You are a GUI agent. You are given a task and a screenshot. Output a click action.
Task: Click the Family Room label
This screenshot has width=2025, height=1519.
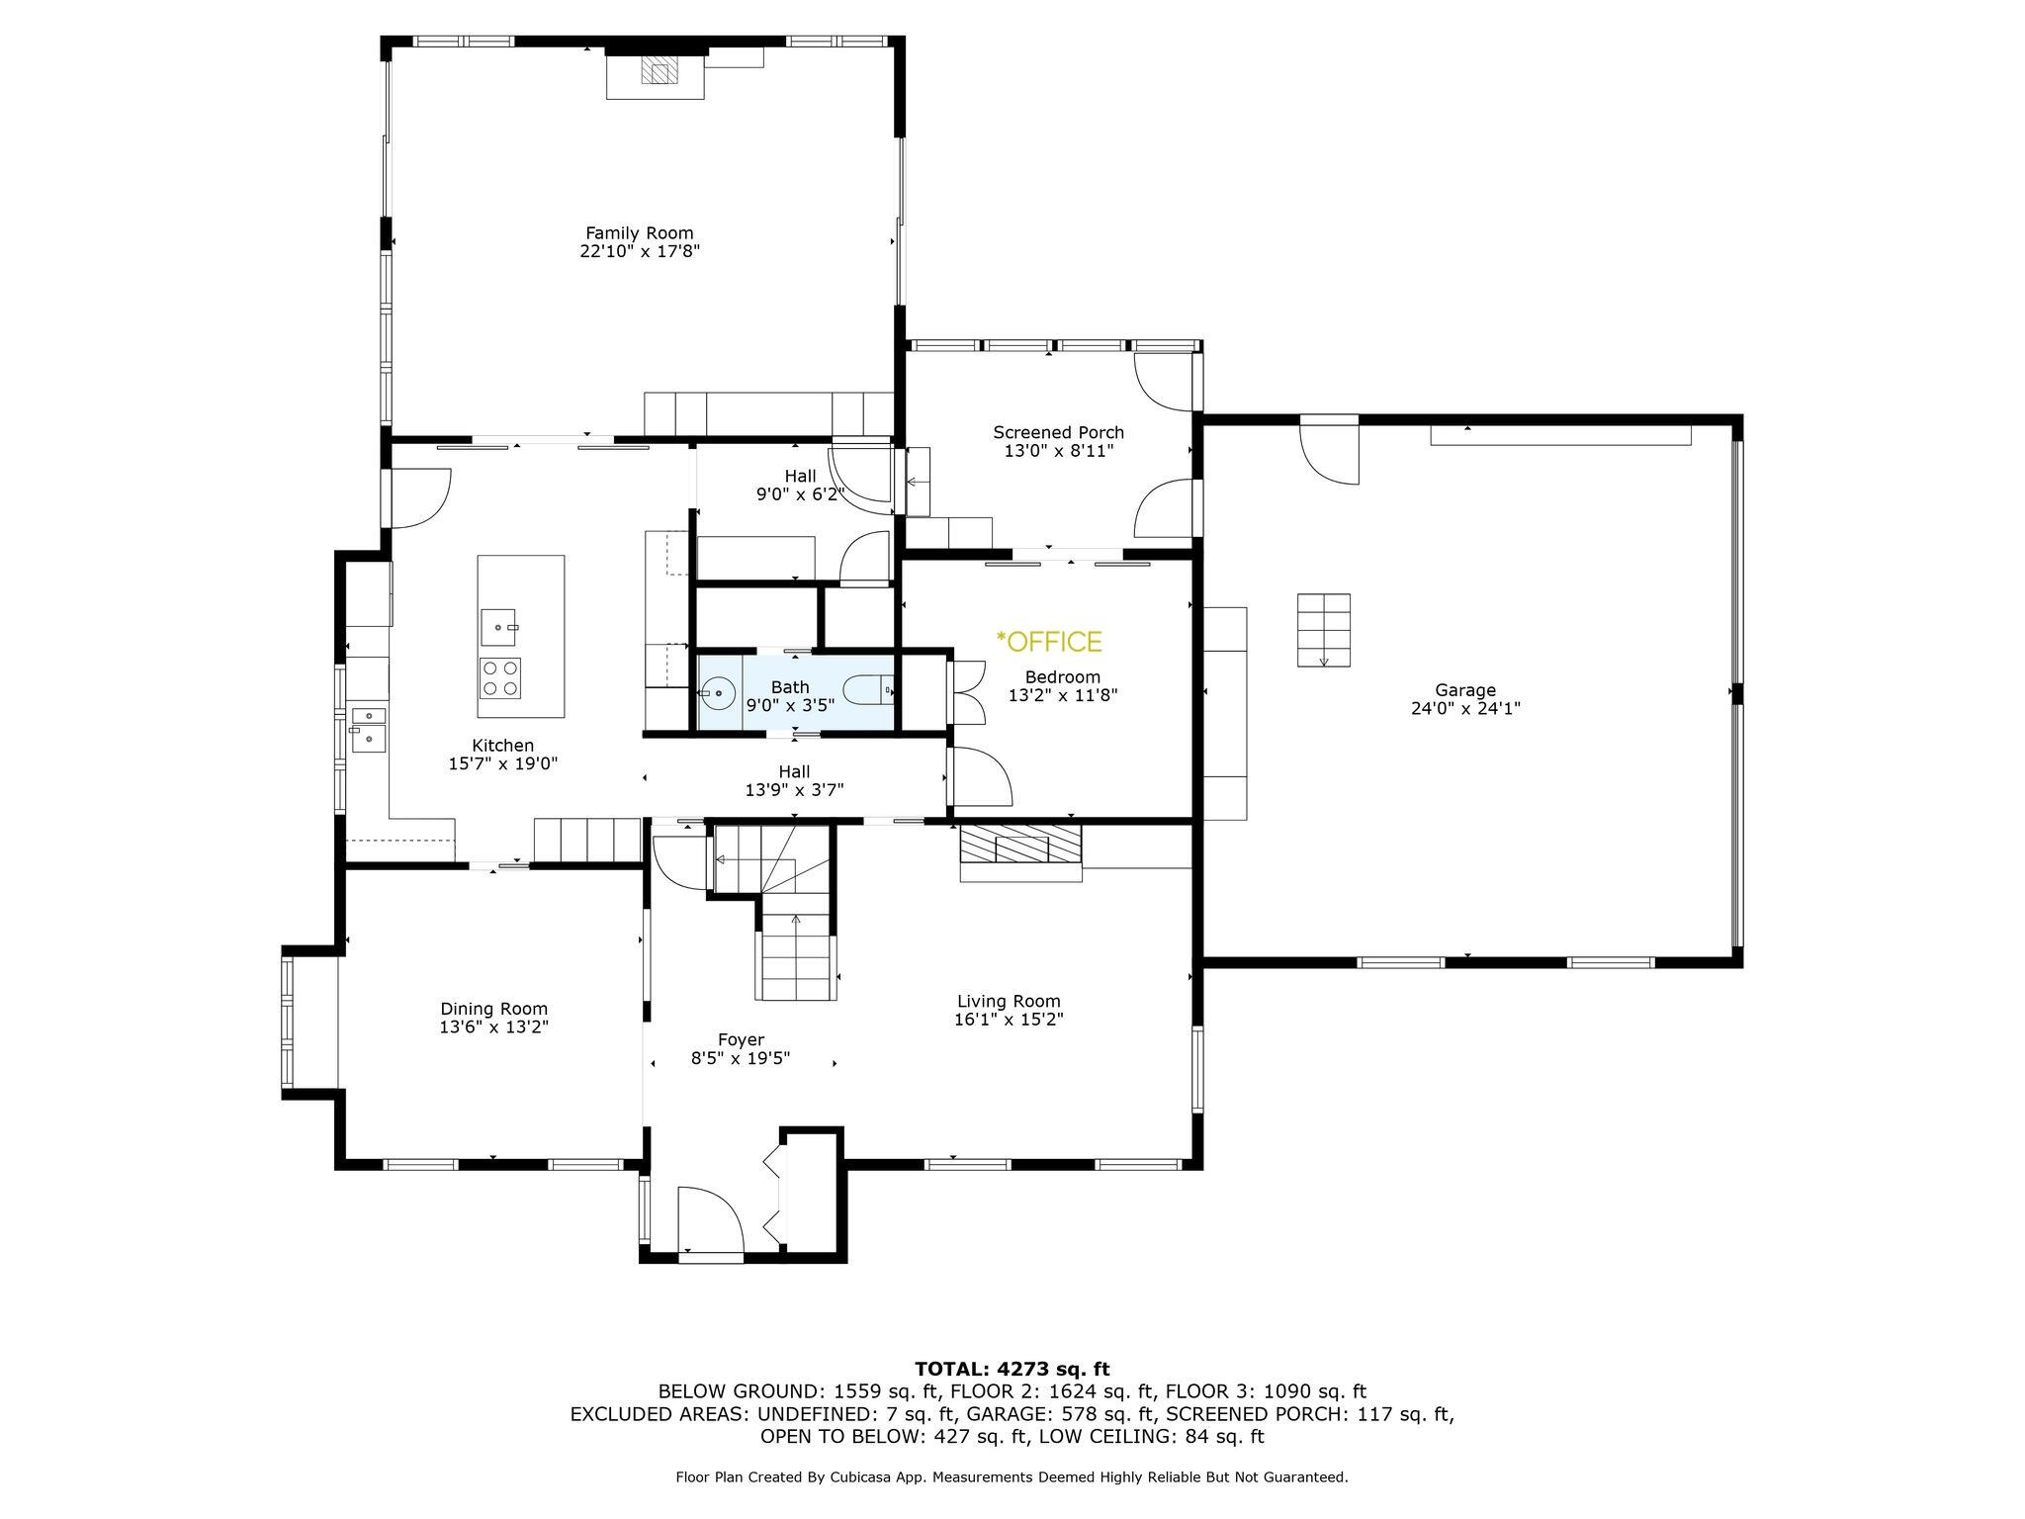tap(639, 233)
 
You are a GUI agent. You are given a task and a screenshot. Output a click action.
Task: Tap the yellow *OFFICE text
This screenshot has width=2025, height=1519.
tap(1049, 642)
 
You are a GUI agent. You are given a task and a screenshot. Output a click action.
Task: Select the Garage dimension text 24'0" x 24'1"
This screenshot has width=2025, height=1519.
tap(1465, 708)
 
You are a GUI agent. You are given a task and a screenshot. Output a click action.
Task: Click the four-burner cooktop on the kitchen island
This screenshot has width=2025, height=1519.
tap(500, 677)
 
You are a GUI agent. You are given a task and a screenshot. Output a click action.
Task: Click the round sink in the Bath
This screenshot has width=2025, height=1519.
tap(717, 693)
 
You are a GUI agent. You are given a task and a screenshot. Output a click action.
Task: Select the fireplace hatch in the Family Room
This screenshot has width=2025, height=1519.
tap(660, 70)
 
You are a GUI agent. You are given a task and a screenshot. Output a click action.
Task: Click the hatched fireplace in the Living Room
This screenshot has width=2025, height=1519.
tap(1020, 846)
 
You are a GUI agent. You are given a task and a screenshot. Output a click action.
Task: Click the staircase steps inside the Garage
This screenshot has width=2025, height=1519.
tap(1324, 630)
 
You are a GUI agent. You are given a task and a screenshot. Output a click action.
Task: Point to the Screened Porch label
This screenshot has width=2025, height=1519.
tap(1058, 432)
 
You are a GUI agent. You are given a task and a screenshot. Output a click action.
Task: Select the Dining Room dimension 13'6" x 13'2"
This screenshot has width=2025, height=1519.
tap(493, 1028)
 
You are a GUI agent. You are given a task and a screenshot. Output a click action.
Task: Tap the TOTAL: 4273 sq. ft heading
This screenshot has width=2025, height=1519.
tap(1012, 1370)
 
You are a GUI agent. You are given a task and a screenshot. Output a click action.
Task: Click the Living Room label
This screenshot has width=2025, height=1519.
tap(1009, 1001)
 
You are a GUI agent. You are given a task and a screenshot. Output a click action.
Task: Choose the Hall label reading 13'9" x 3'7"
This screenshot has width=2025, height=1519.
tap(794, 789)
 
